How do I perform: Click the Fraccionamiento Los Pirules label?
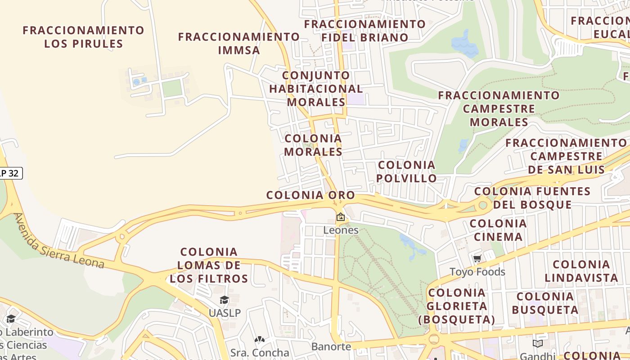[83, 37]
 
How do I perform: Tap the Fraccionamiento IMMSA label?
[239, 43]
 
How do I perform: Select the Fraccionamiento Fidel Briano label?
[364, 31]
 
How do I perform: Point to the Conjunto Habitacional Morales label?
[316, 89]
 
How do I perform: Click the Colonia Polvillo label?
[406, 171]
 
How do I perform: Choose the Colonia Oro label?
[310, 195]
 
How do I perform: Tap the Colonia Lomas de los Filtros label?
[209, 265]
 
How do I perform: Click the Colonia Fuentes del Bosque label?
[532, 198]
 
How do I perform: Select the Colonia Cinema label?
[498, 230]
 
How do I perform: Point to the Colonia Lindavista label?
[581, 271]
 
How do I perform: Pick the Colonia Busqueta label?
[545, 303]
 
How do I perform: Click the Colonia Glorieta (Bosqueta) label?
[457, 306]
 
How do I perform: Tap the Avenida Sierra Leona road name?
[59, 242]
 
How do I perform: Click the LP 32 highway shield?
[9, 173]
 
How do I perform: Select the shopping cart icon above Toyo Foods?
[477, 259]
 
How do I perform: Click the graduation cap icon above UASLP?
[224, 300]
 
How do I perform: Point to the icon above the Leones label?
[341, 217]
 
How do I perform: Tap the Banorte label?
[331, 346]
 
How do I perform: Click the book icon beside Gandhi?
[537, 344]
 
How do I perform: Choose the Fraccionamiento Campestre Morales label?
[499, 108]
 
